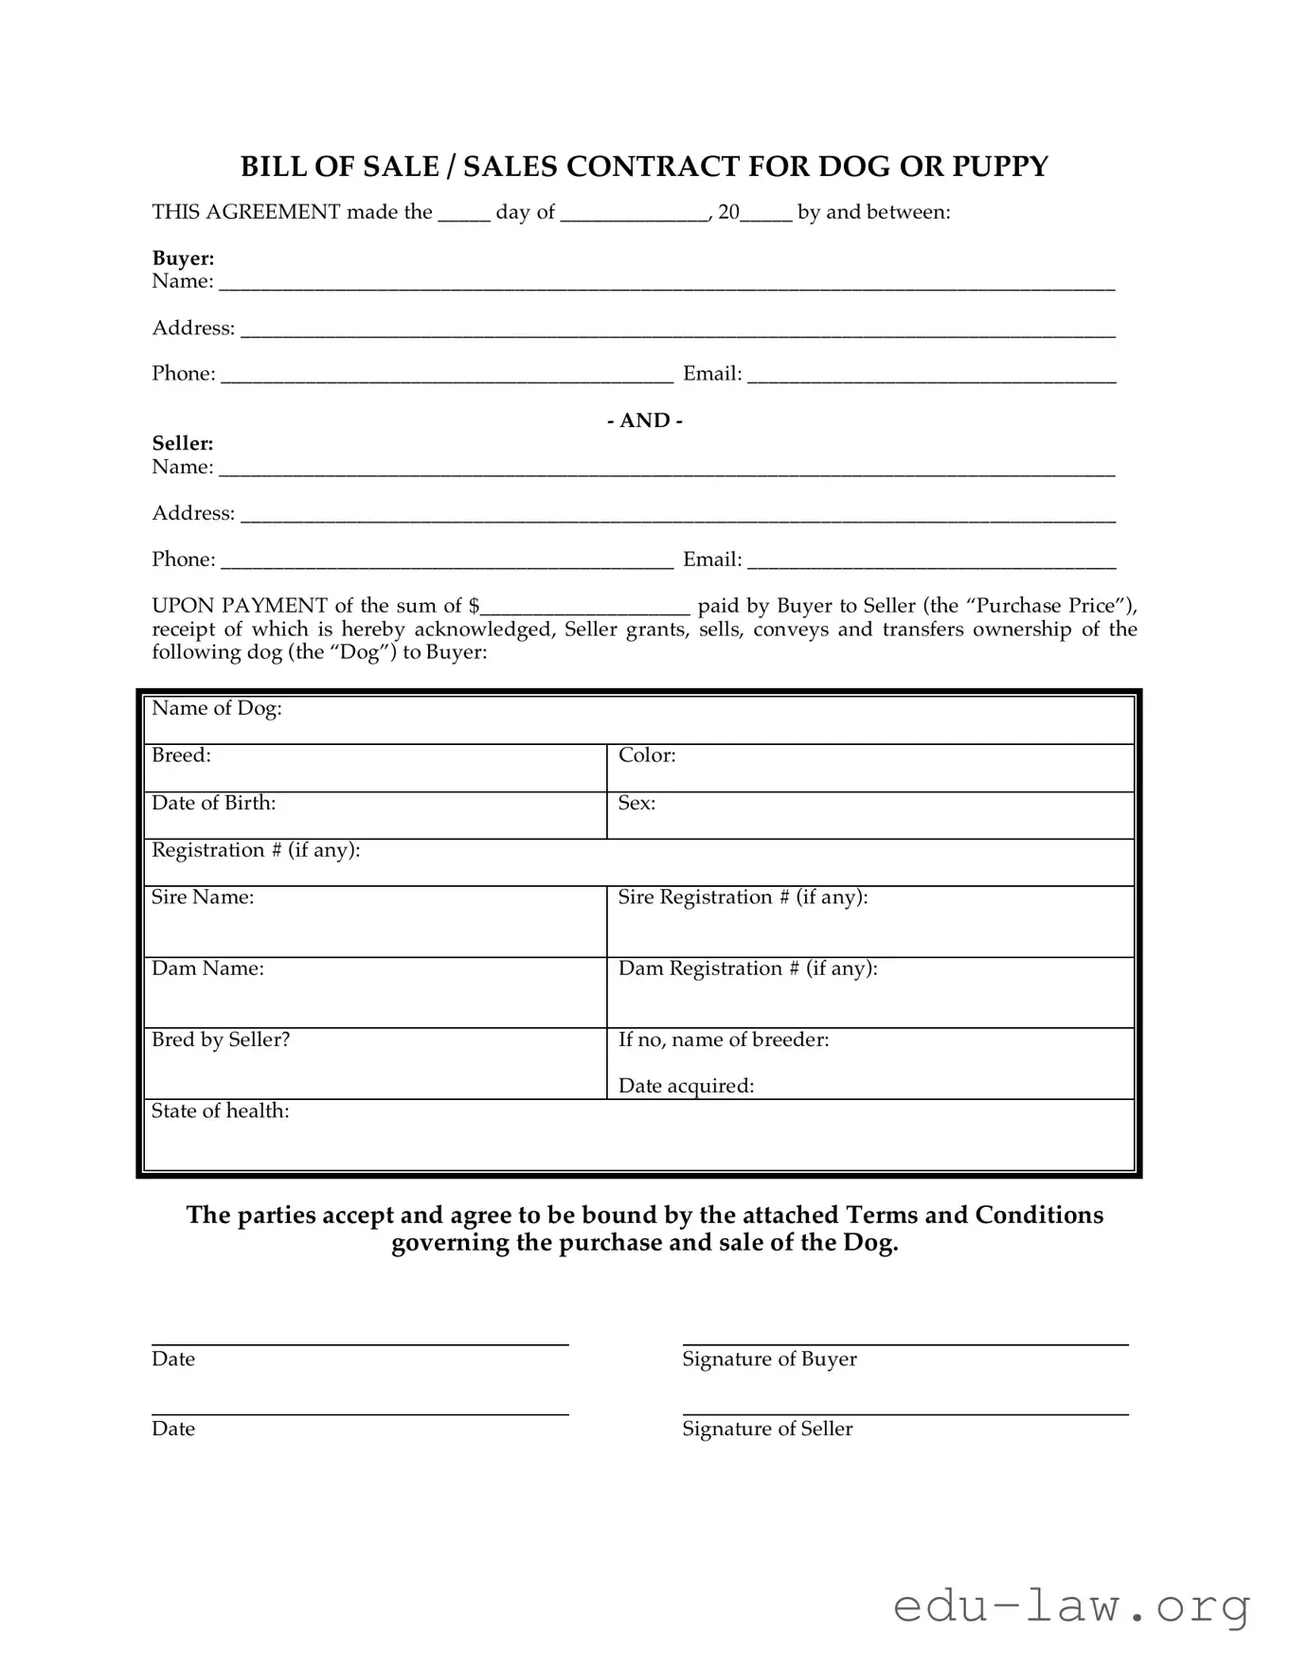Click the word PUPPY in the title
[1000, 167]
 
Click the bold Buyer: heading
[183, 258]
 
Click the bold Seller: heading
[183, 443]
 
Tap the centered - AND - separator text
[644, 420]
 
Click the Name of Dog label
[217, 708]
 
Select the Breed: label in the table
[181, 755]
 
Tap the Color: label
[647, 755]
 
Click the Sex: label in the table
[636, 803]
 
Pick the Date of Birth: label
[214, 803]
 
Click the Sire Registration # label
[743, 897]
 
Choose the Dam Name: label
[207, 968]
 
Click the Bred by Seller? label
[221, 1039]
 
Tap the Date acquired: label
[686, 1086]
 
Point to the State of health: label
[220, 1110]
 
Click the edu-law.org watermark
[1071, 1607]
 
